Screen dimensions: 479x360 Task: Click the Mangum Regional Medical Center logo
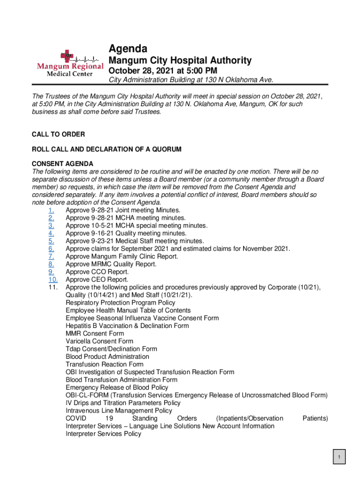coord(70,63)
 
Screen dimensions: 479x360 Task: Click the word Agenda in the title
coord(128,49)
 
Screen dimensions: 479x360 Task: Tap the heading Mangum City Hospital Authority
coord(180,60)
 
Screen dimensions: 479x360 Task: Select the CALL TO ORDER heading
coord(58,134)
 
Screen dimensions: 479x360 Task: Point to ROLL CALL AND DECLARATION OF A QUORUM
coord(106,149)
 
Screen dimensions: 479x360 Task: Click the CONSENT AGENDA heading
coord(62,164)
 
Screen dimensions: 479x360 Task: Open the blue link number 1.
coord(51,210)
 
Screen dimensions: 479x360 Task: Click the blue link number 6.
coord(51,249)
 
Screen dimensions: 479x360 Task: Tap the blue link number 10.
coord(53,280)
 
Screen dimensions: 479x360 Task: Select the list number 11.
coord(53,287)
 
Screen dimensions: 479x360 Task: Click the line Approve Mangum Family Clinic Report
coord(122,256)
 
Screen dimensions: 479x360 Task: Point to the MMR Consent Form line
coord(95,334)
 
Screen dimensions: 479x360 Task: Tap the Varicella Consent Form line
coord(99,341)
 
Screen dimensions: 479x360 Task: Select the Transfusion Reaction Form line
coord(104,364)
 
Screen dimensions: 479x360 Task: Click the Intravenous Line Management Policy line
coord(119,411)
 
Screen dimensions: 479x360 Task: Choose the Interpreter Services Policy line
coord(103,434)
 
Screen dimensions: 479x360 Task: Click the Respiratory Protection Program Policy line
coord(121,303)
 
